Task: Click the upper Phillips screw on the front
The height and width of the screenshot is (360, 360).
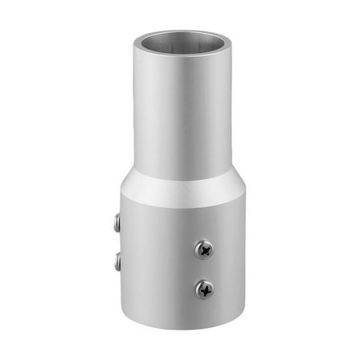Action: pos(204,250)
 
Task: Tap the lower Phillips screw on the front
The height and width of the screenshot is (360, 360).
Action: pos(204,288)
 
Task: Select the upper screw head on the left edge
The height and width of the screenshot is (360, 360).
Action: pos(117,223)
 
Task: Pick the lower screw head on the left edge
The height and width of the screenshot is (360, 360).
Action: pos(117,261)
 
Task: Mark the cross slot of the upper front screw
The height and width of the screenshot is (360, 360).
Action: pos(204,250)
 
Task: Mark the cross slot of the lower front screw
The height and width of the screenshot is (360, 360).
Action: pos(204,288)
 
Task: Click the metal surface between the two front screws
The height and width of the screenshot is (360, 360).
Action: pos(204,269)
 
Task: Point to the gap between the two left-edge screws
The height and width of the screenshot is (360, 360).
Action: pos(118,243)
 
